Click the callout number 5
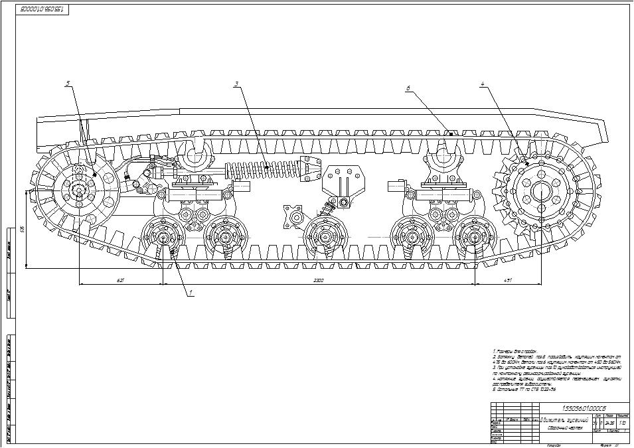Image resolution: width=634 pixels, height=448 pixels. [68, 84]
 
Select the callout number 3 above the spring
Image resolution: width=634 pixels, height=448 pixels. [236, 84]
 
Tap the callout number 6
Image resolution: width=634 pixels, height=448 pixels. [408, 88]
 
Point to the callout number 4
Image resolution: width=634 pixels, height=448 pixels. [483, 84]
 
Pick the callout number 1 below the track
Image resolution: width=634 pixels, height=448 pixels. [191, 292]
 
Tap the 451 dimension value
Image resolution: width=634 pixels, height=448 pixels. [508, 281]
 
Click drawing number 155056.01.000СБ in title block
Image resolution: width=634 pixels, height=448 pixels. [584, 408]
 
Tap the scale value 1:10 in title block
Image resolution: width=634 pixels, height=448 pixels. [622, 423]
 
